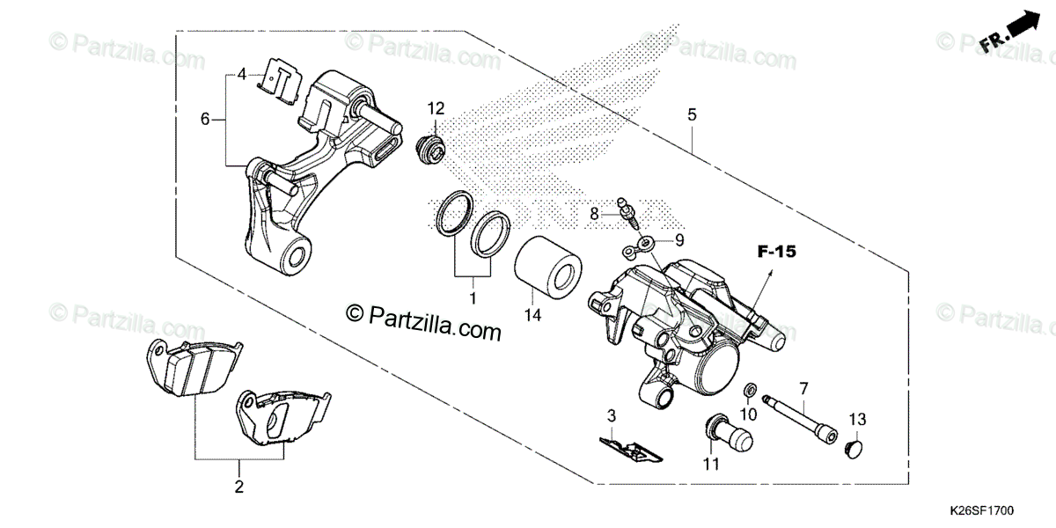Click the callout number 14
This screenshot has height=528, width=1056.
(532, 314)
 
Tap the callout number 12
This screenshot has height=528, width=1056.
(437, 108)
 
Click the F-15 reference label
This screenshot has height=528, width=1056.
(777, 253)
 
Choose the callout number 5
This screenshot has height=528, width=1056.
(692, 114)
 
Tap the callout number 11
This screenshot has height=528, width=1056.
(711, 463)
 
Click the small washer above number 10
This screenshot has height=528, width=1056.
(749, 390)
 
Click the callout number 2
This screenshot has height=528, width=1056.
(238, 486)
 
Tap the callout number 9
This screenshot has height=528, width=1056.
(678, 239)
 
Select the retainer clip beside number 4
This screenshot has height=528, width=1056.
(281, 80)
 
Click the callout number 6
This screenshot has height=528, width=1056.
(206, 119)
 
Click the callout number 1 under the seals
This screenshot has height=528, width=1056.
(473, 299)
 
